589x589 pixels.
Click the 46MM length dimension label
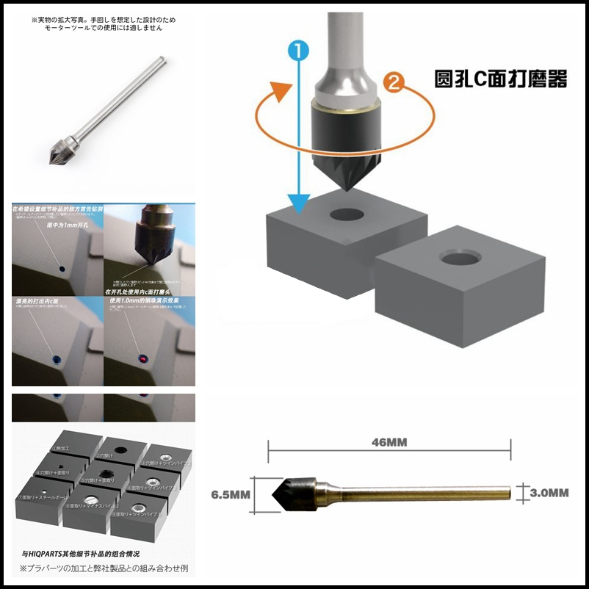point(389,442)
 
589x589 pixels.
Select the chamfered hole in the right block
point(459,258)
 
